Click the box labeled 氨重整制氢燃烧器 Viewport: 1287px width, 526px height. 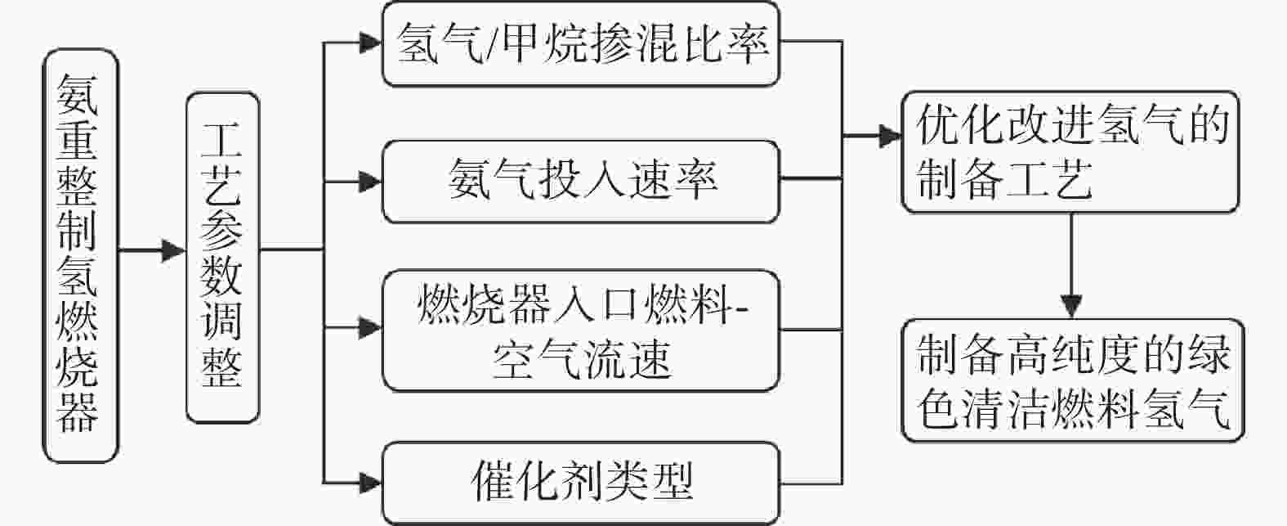point(80,255)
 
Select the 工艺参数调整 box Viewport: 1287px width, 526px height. point(223,258)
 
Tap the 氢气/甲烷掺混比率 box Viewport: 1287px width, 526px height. point(581,43)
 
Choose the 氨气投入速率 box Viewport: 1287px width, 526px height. point(581,182)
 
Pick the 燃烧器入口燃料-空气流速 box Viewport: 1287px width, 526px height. point(581,330)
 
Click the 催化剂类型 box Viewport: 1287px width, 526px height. point(581,483)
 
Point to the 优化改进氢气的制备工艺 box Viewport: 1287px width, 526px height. point(1070,152)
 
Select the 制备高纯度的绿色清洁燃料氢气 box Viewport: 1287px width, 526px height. point(1073,380)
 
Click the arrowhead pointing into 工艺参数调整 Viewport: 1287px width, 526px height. point(173,251)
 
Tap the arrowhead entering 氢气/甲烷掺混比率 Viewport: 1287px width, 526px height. point(370,43)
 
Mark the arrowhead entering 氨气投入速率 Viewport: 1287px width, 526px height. point(370,182)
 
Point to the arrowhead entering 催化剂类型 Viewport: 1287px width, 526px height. point(370,483)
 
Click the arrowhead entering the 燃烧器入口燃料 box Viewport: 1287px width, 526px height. point(370,328)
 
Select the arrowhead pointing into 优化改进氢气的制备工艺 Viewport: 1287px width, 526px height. point(890,137)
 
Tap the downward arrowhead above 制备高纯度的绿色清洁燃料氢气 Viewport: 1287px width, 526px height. point(1071,306)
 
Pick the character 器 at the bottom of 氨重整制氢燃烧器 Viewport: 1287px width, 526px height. point(78,412)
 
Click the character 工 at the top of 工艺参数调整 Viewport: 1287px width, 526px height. point(221,139)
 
